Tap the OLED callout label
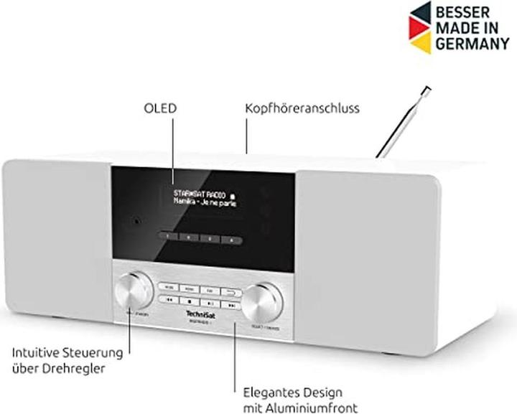click(x=159, y=108)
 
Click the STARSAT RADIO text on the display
click(x=200, y=194)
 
